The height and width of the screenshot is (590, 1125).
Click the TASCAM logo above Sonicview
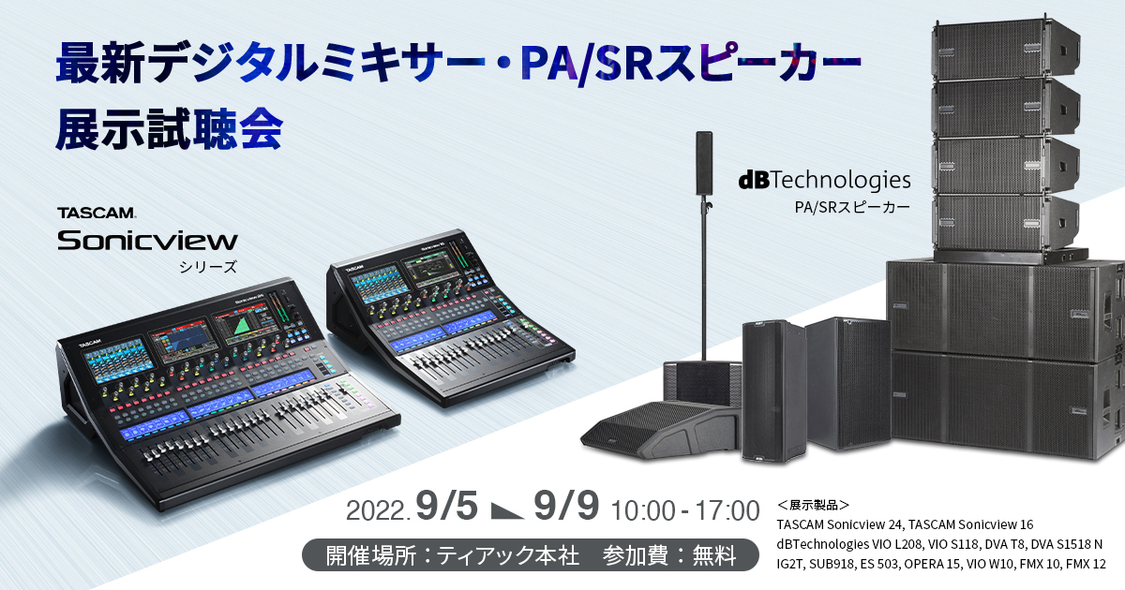click(x=97, y=214)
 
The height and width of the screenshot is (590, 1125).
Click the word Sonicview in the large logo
click(x=147, y=241)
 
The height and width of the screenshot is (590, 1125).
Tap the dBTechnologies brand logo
click(x=824, y=179)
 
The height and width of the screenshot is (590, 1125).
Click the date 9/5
click(x=448, y=508)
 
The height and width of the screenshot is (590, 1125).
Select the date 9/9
click(x=565, y=508)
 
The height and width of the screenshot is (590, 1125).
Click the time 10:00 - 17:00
click(x=684, y=510)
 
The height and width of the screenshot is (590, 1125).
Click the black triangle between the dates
click(x=506, y=510)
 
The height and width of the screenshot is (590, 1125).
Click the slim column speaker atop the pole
click(x=704, y=163)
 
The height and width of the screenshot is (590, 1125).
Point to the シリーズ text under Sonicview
click(x=207, y=267)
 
